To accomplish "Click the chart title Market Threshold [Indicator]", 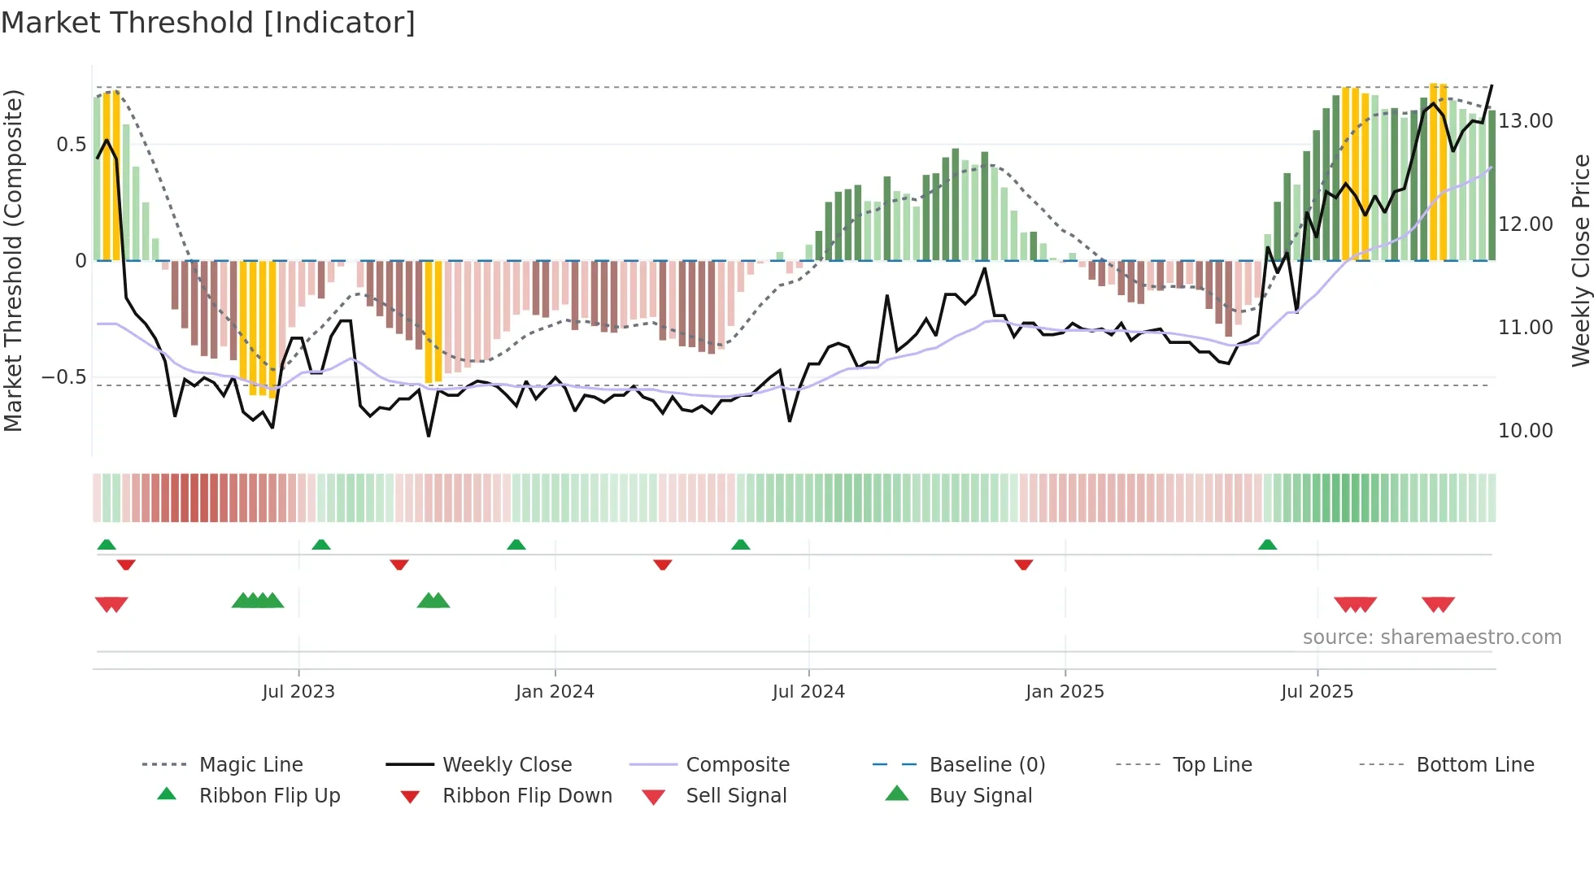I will click(208, 23).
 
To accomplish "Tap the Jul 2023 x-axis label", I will click(298, 692).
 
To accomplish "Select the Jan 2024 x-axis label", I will click(555, 692).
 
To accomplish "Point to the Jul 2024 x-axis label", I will click(808, 692).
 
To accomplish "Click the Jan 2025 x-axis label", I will click(1065, 692).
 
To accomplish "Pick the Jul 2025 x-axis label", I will click(1317, 692).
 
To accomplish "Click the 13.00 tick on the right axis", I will click(1526, 121).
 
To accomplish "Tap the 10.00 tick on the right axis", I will click(1526, 431).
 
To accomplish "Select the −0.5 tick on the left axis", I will click(63, 377).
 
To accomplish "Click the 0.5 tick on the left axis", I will click(71, 145).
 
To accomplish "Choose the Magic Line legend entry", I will click(250, 765).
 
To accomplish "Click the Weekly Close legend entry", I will click(507, 765).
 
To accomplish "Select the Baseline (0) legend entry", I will click(986, 765).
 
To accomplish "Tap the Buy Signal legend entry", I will click(980, 796).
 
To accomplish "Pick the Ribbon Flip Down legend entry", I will click(527, 796).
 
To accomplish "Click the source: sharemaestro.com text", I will click(1431, 637).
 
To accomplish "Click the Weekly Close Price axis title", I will click(1580, 260).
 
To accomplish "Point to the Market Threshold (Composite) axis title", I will click(13, 260).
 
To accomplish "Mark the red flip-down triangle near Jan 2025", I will click(1023, 564).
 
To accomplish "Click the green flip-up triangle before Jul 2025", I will click(1267, 545).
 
